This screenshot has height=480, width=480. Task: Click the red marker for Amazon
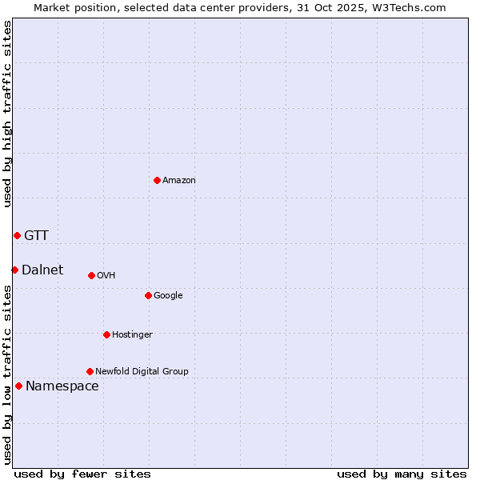[157, 180]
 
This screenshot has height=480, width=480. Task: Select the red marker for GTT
[17, 235]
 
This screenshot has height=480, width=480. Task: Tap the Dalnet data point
[14, 270]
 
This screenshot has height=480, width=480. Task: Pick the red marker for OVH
[91, 275]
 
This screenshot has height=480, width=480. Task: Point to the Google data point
[148, 295]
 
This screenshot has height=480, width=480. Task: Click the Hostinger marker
[106, 334]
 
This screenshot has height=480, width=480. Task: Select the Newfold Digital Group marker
[90, 371]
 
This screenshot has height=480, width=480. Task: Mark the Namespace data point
[18, 386]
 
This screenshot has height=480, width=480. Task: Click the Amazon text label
[179, 180]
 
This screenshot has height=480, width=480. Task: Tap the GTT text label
[36, 235]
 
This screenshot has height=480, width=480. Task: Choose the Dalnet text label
[42, 270]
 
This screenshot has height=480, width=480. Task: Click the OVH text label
[106, 275]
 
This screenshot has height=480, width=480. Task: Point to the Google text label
[168, 295]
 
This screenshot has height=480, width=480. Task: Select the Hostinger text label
[132, 334]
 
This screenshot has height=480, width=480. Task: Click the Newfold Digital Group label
[142, 371]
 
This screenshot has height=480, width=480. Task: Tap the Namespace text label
[62, 386]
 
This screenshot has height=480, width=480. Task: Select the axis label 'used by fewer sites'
[82, 474]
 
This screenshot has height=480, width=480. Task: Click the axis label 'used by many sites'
[402, 474]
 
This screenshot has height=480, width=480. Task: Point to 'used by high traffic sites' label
[7, 114]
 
